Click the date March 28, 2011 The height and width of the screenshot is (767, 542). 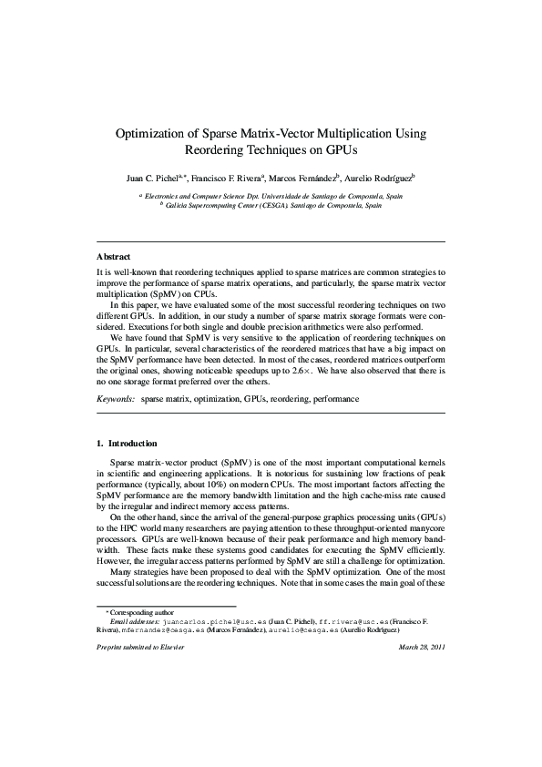(421, 648)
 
